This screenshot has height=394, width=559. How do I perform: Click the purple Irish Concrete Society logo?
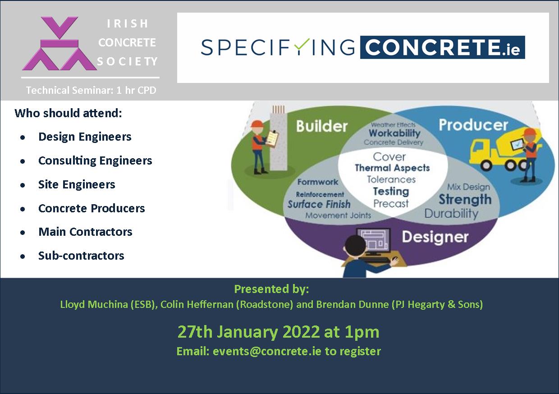(x=60, y=43)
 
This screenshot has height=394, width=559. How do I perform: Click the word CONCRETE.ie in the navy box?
(x=442, y=47)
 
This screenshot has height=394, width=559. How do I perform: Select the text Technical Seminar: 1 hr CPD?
(x=91, y=90)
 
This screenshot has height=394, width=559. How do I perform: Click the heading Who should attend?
(x=69, y=113)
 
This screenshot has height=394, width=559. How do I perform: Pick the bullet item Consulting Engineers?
(x=95, y=160)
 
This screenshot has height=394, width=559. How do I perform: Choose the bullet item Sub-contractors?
(x=81, y=256)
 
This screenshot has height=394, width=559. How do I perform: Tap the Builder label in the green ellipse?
(x=322, y=126)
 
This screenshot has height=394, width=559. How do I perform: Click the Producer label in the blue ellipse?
(x=473, y=125)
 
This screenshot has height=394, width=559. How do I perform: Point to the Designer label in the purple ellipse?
(x=435, y=237)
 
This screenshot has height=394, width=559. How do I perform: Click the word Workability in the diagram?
(x=394, y=133)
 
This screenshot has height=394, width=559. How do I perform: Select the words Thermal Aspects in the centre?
(x=392, y=168)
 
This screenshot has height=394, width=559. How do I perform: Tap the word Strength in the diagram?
(x=465, y=199)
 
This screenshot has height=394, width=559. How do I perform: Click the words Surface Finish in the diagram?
(x=319, y=204)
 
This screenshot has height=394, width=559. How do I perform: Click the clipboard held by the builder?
(x=272, y=140)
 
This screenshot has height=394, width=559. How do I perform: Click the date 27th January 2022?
(x=249, y=332)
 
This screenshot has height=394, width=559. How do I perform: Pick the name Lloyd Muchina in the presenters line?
(x=94, y=304)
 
